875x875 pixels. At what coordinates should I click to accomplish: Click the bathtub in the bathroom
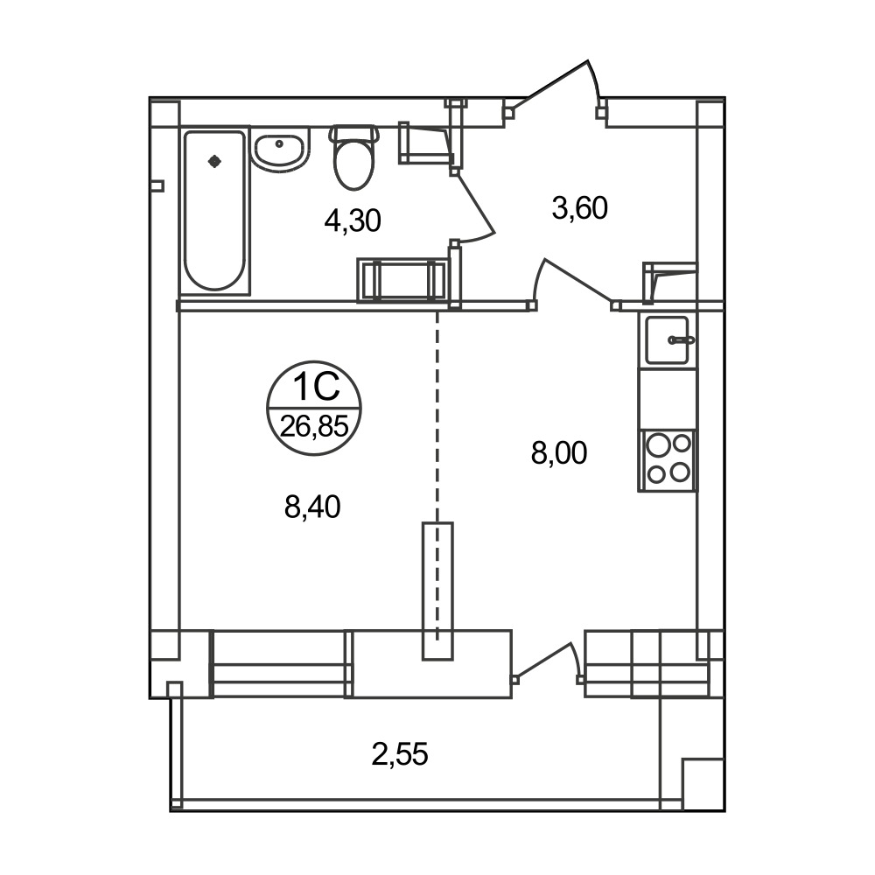(215, 210)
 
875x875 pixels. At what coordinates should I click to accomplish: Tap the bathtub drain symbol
(214, 162)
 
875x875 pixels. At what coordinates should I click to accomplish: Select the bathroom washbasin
(280, 149)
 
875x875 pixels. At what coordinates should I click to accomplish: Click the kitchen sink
(668, 339)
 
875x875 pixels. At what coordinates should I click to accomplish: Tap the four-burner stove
(668, 460)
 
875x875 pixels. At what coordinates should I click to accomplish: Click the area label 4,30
(353, 221)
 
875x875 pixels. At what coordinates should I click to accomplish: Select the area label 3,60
(580, 208)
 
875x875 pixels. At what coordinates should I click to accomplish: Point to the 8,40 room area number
(312, 507)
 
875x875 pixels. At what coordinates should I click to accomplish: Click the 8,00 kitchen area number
(559, 452)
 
